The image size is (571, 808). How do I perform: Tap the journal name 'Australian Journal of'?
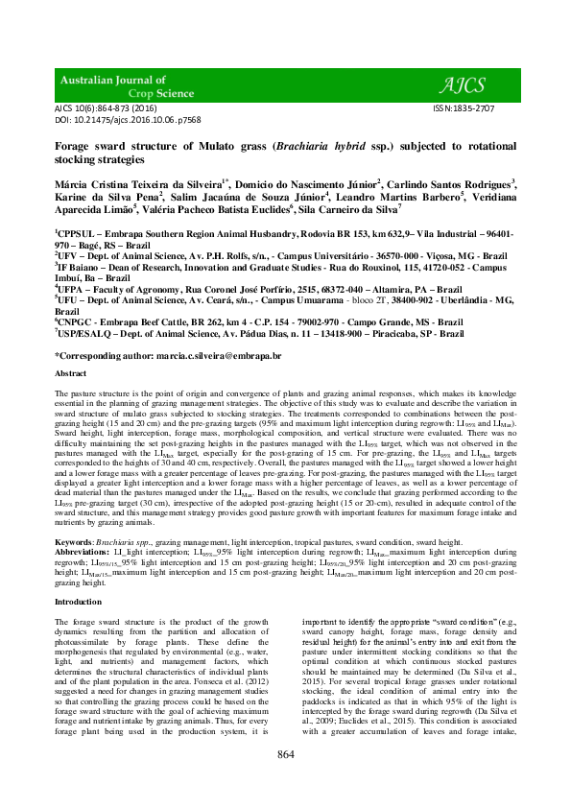[113, 80]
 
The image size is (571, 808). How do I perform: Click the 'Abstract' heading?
[70, 373]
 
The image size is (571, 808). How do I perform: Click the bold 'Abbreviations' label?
[83, 526]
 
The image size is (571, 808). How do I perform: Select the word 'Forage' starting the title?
[74, 148]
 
